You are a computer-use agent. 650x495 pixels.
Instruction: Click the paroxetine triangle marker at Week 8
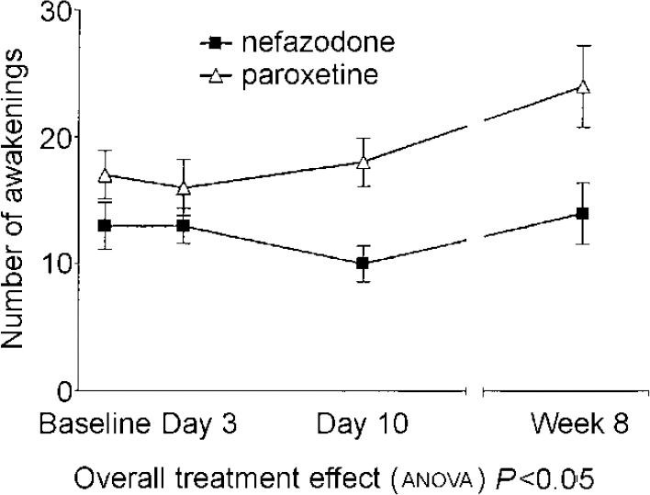tap(581, 86)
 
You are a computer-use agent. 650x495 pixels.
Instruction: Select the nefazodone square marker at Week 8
tap(581, 213)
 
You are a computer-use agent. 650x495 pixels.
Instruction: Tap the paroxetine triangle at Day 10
tap(363, 162)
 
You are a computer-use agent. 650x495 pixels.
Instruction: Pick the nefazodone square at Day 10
tap(363, 264)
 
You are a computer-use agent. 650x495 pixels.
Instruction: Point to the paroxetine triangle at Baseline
tap(106, 174)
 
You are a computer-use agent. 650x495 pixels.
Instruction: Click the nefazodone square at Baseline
tap(106, 225)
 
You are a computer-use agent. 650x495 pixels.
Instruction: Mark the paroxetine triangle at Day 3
tap(184, 187)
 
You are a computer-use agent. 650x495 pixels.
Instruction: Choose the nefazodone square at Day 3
tap(184, 225)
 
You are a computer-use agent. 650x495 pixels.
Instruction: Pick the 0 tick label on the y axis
tap(62, 391)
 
